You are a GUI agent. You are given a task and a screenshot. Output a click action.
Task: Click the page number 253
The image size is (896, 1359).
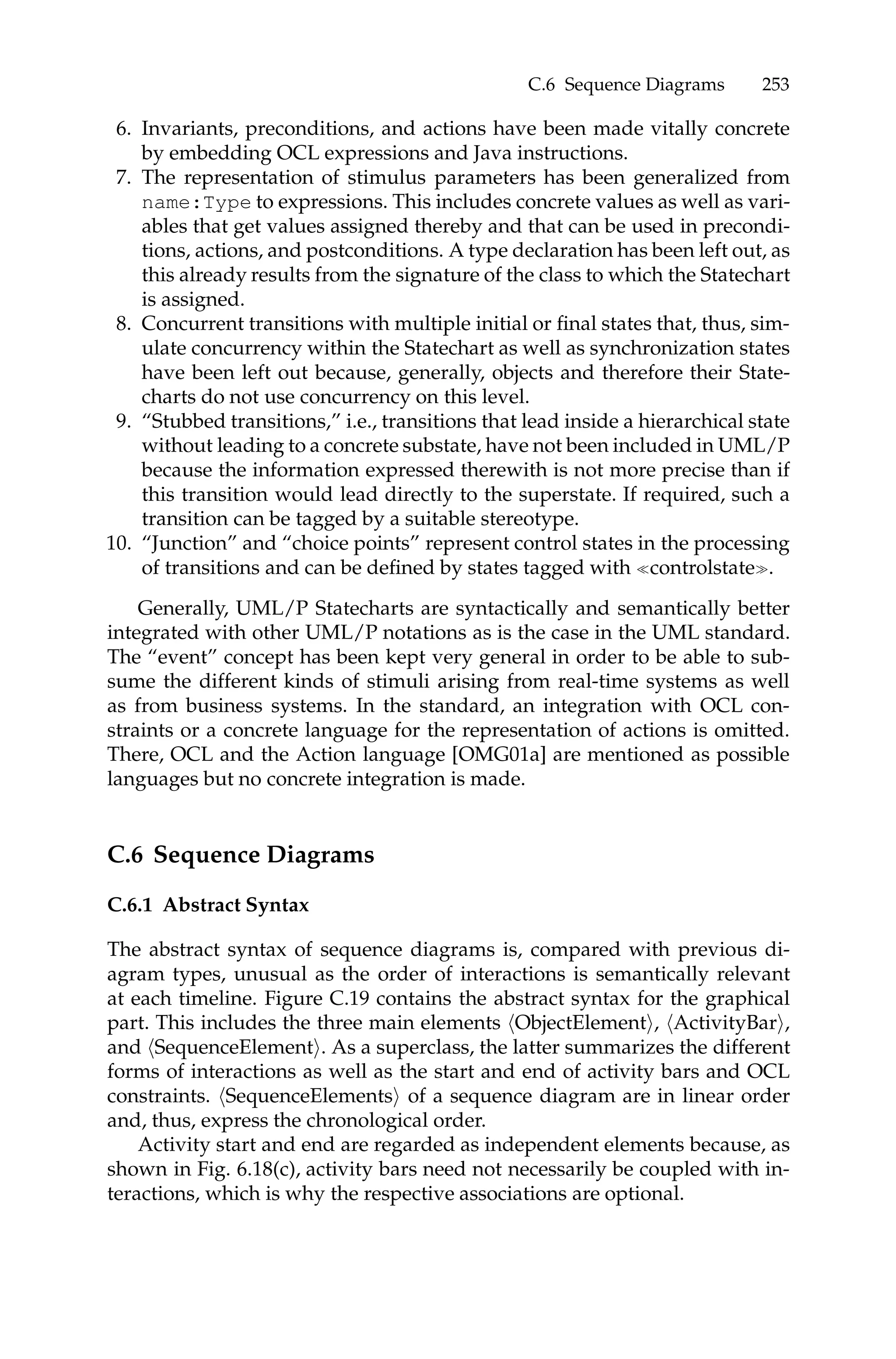(x=775, y=85)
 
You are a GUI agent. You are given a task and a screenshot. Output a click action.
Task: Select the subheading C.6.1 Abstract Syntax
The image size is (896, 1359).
(x=208, y=905)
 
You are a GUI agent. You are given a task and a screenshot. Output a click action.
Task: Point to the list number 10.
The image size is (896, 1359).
(x=119, y=544)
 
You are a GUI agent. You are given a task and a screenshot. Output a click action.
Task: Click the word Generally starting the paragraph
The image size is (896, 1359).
(x=181, y=609)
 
